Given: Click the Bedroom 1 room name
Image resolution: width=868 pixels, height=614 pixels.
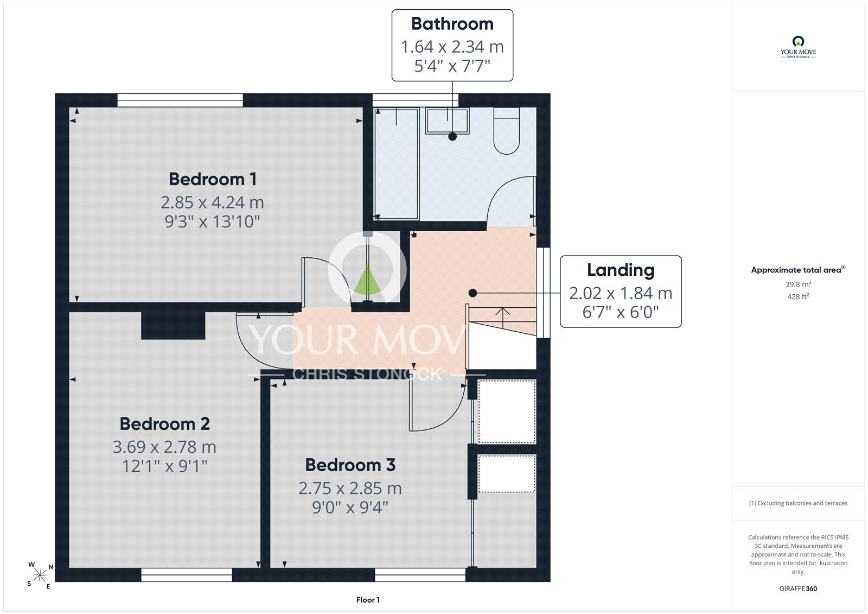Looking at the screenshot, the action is pos(212,179).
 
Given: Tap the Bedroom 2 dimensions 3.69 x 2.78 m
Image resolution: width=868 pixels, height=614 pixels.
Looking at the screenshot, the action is pos(164,447).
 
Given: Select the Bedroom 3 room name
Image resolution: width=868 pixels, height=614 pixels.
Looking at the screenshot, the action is pos(350,465).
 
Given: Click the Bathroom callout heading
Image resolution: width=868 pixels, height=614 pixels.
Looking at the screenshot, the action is pos(452,24).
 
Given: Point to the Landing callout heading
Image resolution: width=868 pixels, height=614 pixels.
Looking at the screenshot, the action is pos(621,270).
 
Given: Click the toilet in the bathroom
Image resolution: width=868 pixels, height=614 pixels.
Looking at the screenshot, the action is pos(507,131).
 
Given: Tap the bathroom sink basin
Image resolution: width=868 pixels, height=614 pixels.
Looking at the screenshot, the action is pos(447,121).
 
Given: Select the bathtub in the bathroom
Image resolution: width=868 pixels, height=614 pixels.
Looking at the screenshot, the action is pos(397,164).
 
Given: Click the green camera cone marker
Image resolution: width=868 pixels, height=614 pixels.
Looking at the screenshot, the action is pos(367,281).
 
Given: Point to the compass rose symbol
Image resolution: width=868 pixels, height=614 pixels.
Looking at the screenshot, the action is pos(40,575).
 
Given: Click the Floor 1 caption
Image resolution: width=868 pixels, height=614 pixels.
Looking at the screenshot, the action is pos(368,600).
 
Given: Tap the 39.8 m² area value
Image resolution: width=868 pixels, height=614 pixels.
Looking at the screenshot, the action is pos(798,284).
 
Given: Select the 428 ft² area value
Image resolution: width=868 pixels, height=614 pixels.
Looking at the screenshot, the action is pos(798,297).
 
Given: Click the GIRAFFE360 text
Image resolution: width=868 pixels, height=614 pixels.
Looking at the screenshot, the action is pos(798,588).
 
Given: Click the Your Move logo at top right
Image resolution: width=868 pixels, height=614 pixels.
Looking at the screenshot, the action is pos(798,47).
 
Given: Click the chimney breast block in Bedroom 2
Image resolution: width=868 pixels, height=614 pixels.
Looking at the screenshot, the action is pos(173,325).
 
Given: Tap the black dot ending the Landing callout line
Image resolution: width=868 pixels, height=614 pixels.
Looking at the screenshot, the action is pos(473,293).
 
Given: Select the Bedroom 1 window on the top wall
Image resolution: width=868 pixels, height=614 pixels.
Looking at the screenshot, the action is pos(180,100).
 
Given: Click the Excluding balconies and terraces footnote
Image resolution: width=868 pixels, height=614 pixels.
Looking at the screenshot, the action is pos(798,503).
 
